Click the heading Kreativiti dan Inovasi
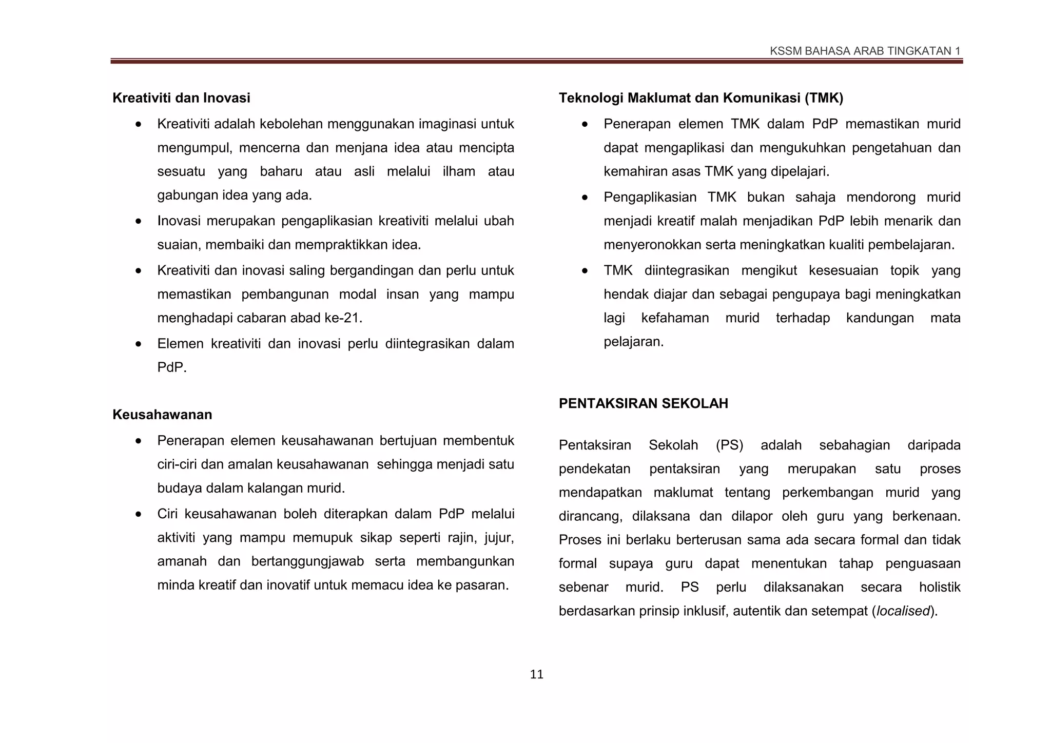181,97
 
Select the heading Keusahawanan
162,415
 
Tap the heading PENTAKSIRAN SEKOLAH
643,403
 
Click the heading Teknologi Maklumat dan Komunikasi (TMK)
700,97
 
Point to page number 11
536,674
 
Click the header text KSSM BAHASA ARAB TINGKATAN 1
865,51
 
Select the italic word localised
903,611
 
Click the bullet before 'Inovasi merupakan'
139,222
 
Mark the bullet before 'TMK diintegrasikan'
585,271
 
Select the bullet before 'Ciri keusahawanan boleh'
139,514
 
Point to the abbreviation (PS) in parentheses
729,445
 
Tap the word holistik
939,587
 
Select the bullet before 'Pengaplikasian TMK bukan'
585,198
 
